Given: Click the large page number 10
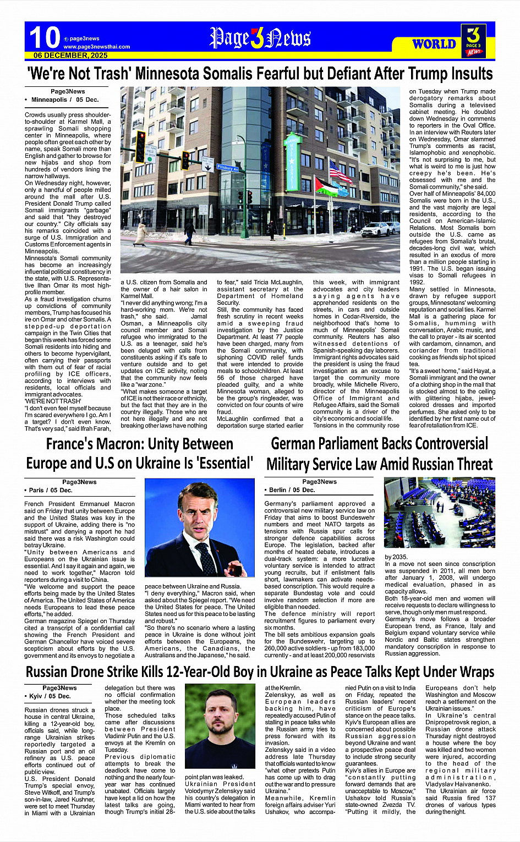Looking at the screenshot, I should (x=44, y=37).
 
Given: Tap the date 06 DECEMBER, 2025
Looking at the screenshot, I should (x=70, y=56).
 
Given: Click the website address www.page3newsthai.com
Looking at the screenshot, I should (x=97, y=47).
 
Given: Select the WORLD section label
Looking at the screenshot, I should (x=434, y=44).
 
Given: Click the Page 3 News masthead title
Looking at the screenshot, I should (x=260, y=38).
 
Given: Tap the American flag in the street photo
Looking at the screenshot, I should (x=340, y=173).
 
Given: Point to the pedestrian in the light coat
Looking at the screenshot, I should (x=141, y=233).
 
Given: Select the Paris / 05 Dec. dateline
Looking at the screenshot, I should (x=51, y=490).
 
